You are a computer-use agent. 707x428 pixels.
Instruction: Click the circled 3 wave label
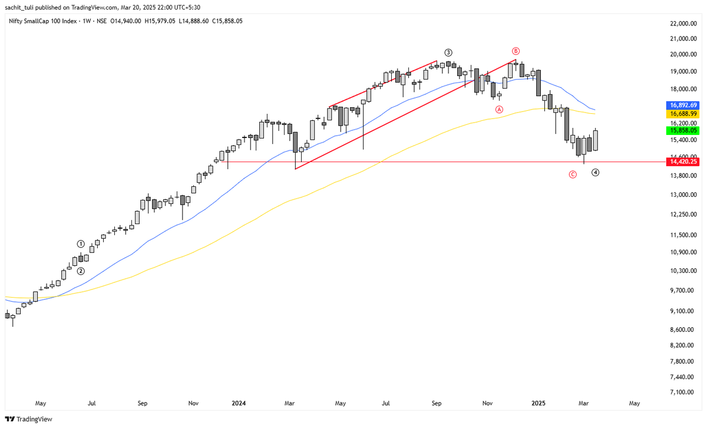click(x=448, y=52)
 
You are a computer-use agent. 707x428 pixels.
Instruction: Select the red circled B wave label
click(x=516, y=51)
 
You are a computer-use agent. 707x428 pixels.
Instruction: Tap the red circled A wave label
click(x=499, y=109)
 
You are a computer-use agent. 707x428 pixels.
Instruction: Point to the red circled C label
click(x=573, y=174)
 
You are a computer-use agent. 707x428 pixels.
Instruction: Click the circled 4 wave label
click(x=596, y=173)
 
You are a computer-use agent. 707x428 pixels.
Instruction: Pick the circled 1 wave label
click(x=81, y=243)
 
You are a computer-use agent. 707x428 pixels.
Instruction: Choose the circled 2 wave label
click(x=81, y=271)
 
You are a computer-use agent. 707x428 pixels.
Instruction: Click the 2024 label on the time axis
click(x=239, y=404)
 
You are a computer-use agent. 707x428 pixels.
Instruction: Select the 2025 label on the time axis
click(x=539, y=404)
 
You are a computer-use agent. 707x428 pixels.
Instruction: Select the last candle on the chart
click(x=596, y=140)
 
